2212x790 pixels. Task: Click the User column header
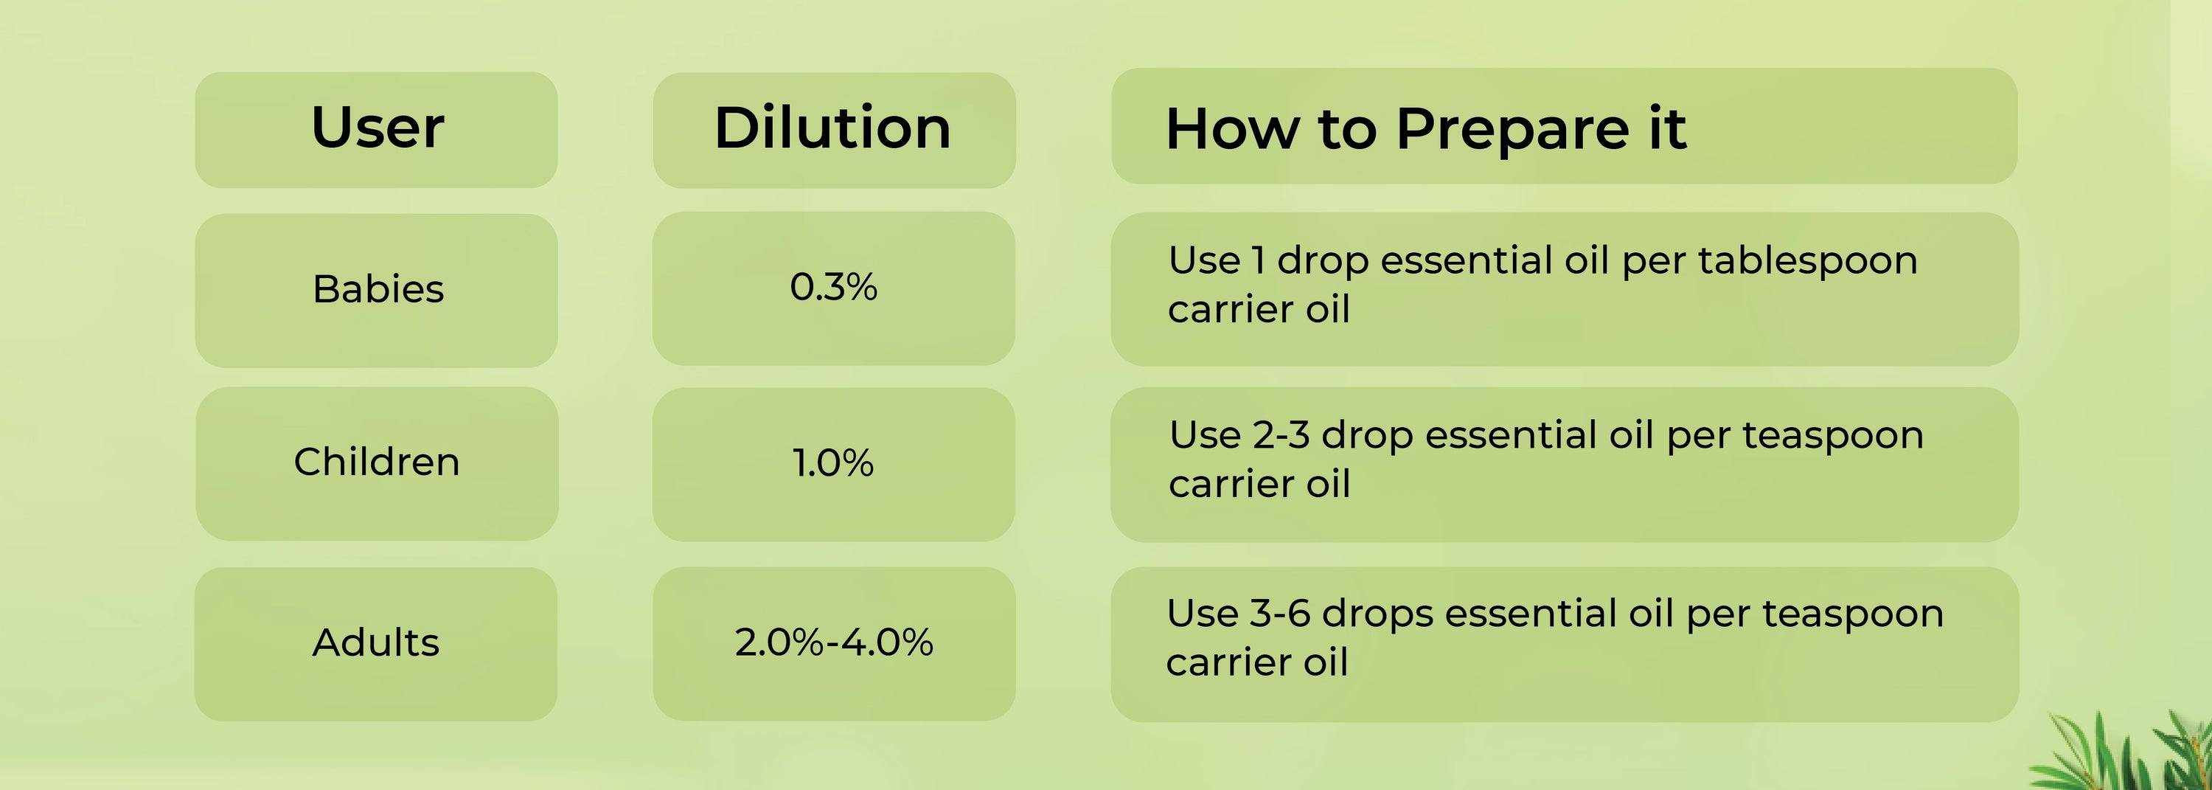point(378,128)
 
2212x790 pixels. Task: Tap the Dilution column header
point(833,128)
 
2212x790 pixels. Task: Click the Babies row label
point(378,288)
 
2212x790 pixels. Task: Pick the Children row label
point(377,462)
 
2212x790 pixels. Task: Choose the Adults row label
point(376,642)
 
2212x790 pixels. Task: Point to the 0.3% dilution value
point(834,287)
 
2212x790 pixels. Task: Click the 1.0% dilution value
point(834,462)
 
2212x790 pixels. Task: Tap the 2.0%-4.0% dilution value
point(834,642)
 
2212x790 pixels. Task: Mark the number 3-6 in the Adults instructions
point(1280,614)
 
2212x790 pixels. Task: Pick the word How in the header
point(1232,130)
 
